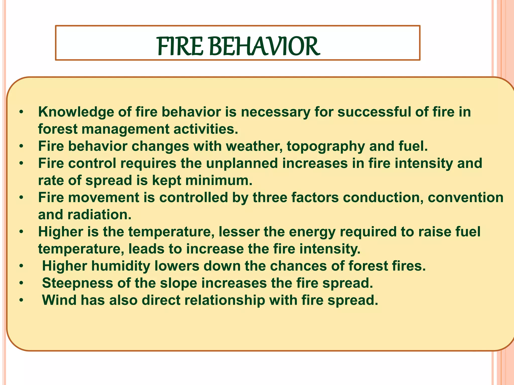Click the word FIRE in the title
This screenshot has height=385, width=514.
(x=180, y=47)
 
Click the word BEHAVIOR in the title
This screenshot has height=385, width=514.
(x=264, y=47)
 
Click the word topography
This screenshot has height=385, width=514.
(x=326, y=146)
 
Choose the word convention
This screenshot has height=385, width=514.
(x=466, y=198)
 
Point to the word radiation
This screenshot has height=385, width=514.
(x=99, y=215)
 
